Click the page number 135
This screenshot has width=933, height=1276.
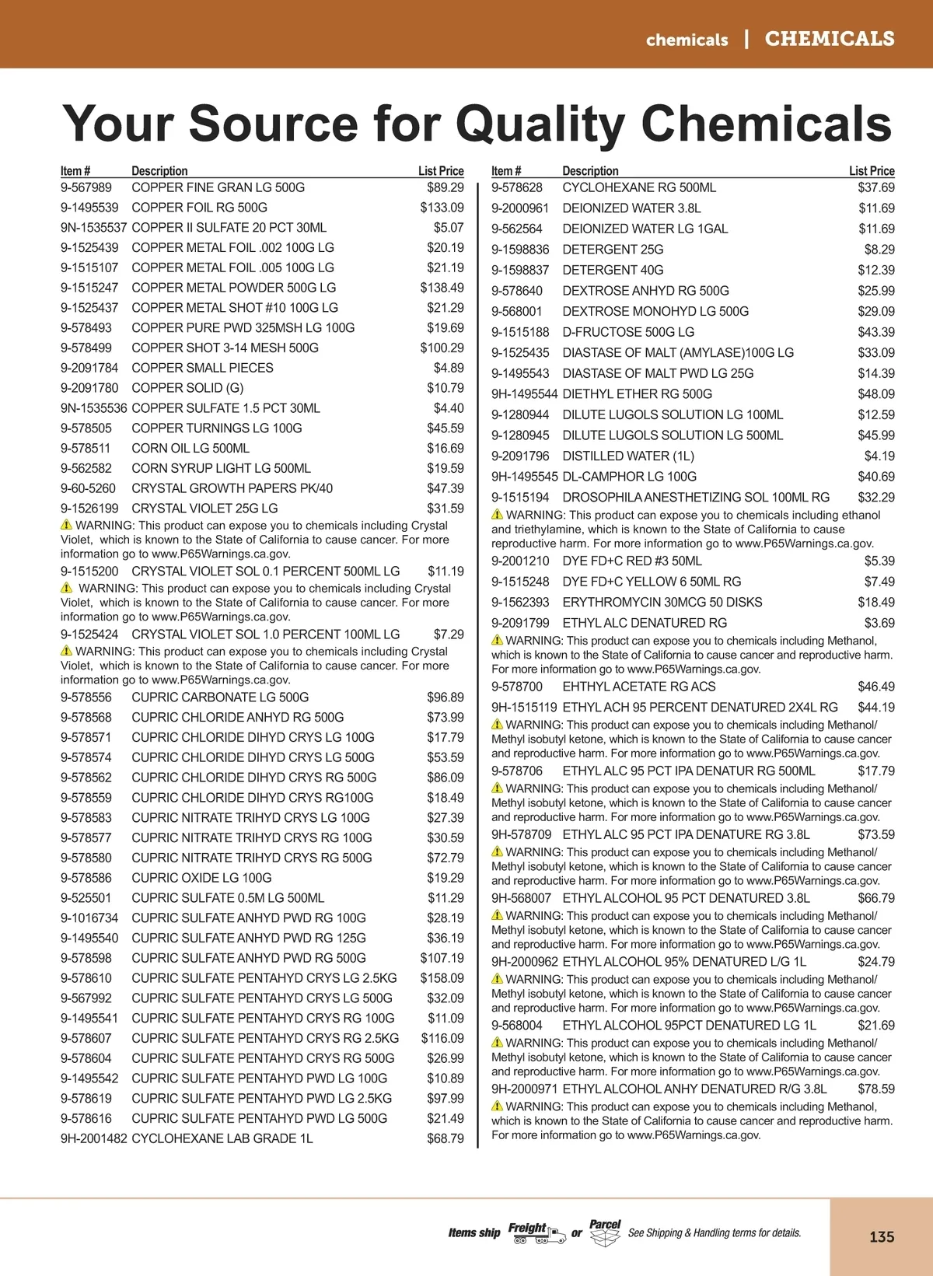pyautogui.click(x=882, y=1236)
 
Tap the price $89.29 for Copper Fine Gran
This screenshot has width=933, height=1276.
pyautogui.click(x=445, y=187)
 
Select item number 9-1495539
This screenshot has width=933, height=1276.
pyautogui.click(x=89, y=208)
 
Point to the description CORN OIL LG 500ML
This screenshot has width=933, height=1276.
pyautogui.click(x=190, y=449)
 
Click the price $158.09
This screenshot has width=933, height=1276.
pyautogui.click(x=442, y=978)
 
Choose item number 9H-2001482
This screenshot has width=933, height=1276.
pyautogui.click(x=93, y=1138)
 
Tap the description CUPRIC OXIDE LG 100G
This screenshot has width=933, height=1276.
pyautogui.click(x=201, y=878)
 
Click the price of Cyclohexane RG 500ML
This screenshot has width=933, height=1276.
pyautogui.click(x=875, y=187)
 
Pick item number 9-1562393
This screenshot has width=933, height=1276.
pyautogui.click(x=520, y=603)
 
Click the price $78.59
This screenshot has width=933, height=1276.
pyautogui.click(x=875, y=1089)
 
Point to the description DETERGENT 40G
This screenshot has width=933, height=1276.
pyautogui.click(x=613, y=271)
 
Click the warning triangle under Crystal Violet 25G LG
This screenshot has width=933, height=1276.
pyautogui.click(x=66, y=526)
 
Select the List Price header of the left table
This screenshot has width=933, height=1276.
pyautogui.click(x=441, y=171)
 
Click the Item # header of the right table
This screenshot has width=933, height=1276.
pyautogui.click(x=505, y=171)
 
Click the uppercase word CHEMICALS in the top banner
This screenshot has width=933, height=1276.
pyautogui.click(x=829, y=39)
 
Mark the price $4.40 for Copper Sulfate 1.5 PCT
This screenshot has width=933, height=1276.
pyautogui.click(x=449, y=408)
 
